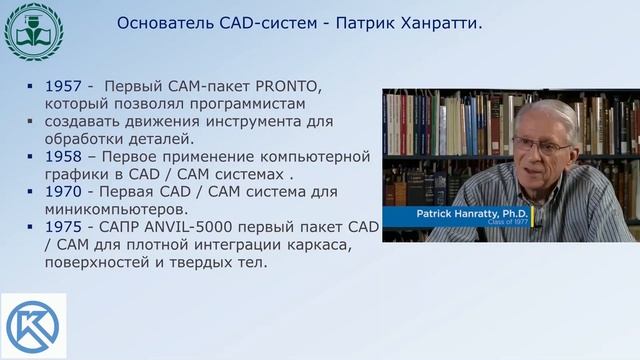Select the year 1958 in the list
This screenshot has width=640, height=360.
pyautogui.click(x=62, y=157)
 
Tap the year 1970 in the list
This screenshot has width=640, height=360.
pyautogui.click(x=62, y=192)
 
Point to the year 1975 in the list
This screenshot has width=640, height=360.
pyautogui.click(x=62, y=228)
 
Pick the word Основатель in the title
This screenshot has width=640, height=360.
pyautogui.click(x=160, y=22)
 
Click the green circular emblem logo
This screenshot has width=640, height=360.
pyautogui.click(x=33, y=31)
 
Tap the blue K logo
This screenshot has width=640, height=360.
pyautogui.click(x=33, y=326)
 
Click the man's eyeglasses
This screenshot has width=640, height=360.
pyautogui.click(x=541, y=146)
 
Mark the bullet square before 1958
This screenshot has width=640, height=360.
pyautogui.click(x=33, y=158)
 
